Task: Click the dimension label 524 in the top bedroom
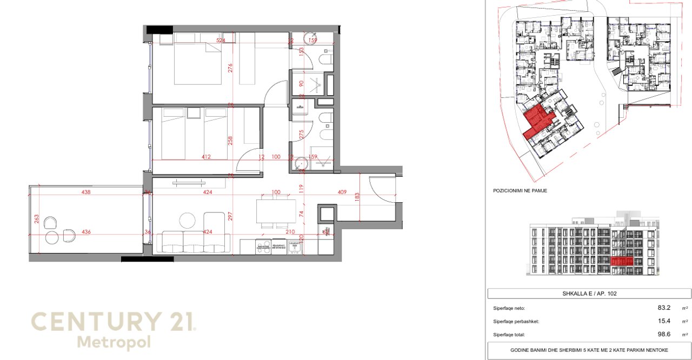click(221, 41)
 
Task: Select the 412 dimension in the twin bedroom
click(207, 157)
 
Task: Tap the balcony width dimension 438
click(85, 192)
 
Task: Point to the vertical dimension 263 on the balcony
click(37, 219)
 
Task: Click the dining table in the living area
click(276, 211)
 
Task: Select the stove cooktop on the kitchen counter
click(264, 247)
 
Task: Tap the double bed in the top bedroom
click(198, 64)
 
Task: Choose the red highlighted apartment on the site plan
click(537, 119)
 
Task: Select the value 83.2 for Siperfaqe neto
click(664, 308)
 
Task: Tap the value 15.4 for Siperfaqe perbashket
click(664, 321)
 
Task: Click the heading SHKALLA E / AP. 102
click(589, 294)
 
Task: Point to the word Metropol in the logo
click(114, 342)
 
